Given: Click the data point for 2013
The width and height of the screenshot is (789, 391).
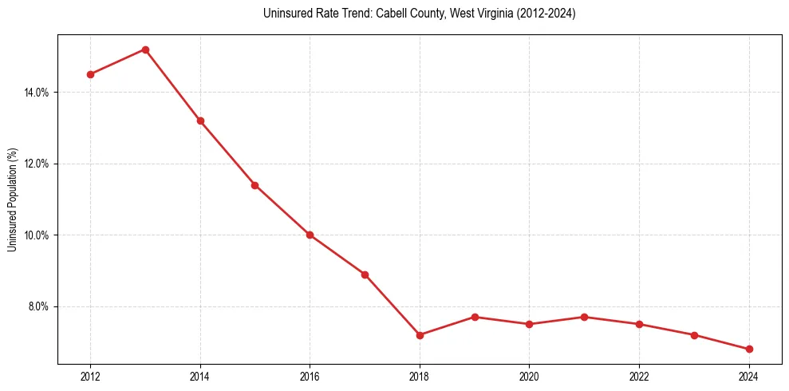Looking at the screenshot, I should [x=145, y=49].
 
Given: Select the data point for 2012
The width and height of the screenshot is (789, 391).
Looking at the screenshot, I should [x=90, y=74].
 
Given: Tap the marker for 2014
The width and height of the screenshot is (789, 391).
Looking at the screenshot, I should [x=200, y=120].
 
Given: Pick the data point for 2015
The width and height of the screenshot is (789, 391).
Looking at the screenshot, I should [x=254, y=185].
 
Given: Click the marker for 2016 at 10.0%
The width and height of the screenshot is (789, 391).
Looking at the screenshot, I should [x=310, y=235].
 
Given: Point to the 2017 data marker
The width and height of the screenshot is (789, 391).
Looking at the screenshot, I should [x=365, y=274].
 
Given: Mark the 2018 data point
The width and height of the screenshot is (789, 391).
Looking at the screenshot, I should [x=420, y=335].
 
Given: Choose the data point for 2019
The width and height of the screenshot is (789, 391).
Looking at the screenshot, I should [x=475, y=317].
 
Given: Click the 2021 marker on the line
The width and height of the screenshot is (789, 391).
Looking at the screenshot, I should [x=584, y=317].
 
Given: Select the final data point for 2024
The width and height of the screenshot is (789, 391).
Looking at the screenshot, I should [x=749, y=349].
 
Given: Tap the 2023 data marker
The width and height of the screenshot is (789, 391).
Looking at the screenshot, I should [x=694, y=335].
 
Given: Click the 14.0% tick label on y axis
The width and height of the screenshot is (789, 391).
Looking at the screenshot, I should [x=36, y=93].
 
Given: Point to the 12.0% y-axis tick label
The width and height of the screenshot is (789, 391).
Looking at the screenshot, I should [x=36, y=164].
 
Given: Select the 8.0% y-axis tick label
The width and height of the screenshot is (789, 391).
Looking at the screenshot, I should [x=37, y=306].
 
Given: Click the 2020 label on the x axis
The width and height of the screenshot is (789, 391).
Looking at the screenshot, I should [x=529, y=376].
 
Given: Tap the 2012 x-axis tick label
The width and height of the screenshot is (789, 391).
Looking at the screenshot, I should [x=90, y=376].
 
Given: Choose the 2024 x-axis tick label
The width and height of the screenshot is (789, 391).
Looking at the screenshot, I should [x=749, y=376].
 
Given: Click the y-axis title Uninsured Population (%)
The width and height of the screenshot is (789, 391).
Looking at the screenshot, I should [x=12, y=199].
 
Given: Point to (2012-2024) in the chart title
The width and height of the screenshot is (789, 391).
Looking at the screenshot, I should [x=546, y=14].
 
